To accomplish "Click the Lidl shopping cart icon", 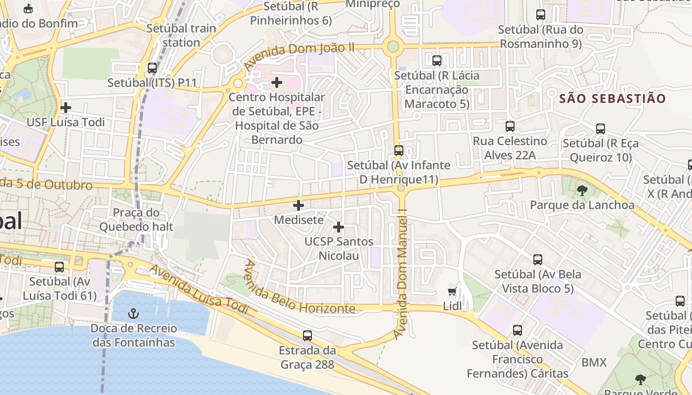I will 452,291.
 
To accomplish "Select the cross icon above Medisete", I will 299,205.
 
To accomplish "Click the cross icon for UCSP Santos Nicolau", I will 339,227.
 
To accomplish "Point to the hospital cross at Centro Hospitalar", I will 277,82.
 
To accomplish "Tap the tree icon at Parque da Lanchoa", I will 582,190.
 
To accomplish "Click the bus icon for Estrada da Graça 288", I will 307,335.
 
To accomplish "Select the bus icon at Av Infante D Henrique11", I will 398,150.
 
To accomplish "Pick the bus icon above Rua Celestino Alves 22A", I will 510,126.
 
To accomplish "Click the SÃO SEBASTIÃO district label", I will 612,98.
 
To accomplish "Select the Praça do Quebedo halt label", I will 136,220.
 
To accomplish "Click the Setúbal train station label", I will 181,35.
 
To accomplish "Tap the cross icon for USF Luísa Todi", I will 65,107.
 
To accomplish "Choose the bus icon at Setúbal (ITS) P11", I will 152,68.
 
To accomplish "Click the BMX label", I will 594,362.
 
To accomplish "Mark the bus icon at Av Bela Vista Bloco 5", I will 537,259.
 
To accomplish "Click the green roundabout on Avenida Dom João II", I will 393,46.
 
